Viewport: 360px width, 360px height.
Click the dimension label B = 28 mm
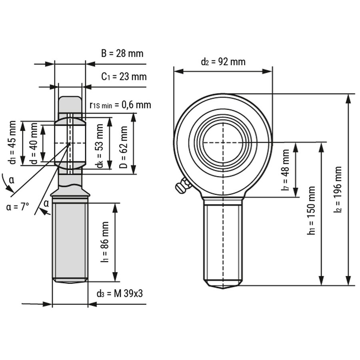tap(122, 53)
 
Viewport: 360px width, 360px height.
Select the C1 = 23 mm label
tap(124, 76)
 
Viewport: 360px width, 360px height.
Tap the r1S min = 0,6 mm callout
tap(120, 105)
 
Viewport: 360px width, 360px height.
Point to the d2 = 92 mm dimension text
tap(223, 62)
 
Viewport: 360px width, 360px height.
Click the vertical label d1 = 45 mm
tap(12, 142)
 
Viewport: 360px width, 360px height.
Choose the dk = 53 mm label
tap(100, 146)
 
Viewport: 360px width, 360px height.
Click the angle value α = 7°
tap(18, 207)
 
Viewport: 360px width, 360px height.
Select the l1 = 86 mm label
tap(105, 242)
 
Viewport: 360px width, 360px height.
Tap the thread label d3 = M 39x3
tap(120, 293)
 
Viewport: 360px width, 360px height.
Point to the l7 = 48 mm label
tap(285, 170)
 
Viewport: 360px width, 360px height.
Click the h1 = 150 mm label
tap(312, 216)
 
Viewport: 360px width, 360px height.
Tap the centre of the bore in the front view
tap(223, 142)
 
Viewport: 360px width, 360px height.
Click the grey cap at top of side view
tap(70, 104)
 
